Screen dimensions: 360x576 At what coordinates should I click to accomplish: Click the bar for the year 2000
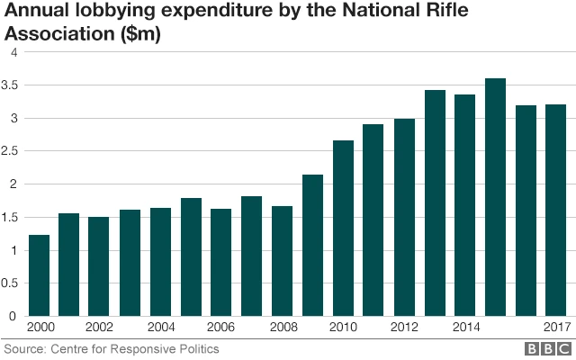pyautogui.click(x=40, y=275)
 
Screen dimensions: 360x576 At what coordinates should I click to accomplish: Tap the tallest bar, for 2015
pyautogui.click(x=496, y=197)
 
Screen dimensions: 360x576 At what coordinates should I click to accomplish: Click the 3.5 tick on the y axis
pyautogui.click(x=12, y=85)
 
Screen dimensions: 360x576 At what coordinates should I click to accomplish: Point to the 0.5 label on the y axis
pyautogui.click(x=12, y=283)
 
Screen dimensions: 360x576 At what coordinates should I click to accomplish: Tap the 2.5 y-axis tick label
pyautogui.click(x=12, y=151)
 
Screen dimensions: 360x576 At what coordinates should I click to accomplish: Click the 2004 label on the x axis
pyautogui.click(x=162, y=328)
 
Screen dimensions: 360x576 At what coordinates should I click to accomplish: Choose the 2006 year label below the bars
pyautogui.click(x=222, y=328)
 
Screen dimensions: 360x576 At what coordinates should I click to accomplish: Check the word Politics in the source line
pyautogui.click(x=195, y=348)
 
